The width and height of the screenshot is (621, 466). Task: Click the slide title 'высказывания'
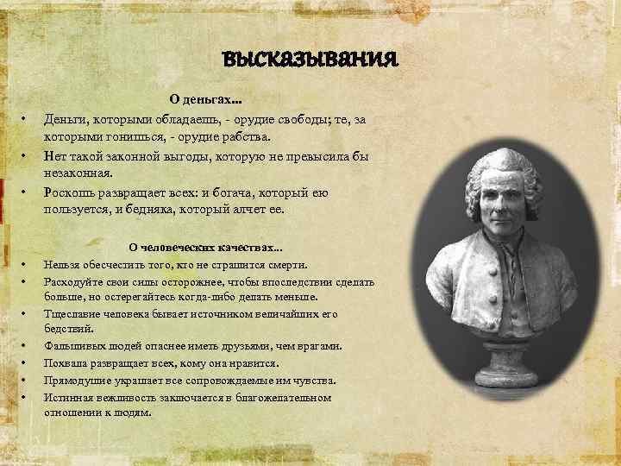pos(310,59)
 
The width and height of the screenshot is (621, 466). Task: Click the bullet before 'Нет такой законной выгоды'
pos(26,155)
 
